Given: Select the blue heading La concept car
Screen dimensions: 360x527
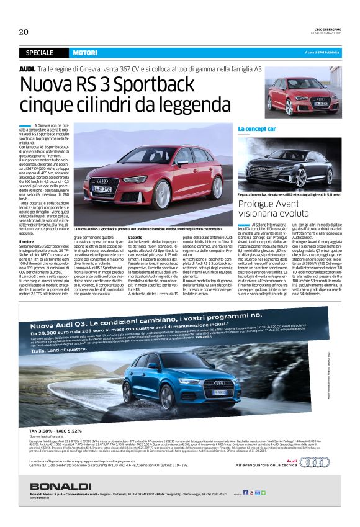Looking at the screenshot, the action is coord(257,128).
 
